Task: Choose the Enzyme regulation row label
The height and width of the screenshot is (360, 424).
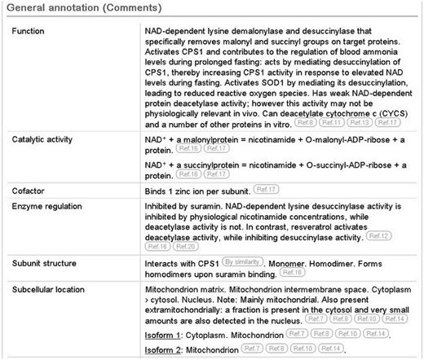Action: pos(51,209)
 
